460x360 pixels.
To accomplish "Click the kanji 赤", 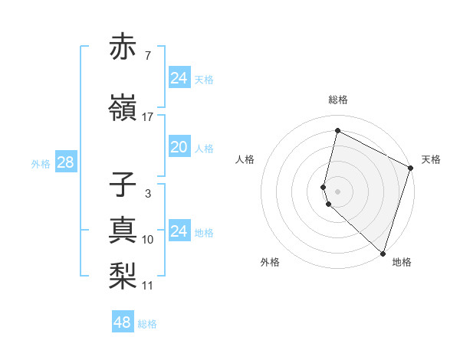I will pyautogui.click(x=123, y=47).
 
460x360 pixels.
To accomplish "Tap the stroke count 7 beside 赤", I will pyautogui.click(x=147, y=56).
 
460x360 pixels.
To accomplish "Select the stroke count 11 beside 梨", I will pyautogui.click(x=147, y=286).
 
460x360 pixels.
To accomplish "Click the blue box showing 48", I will pyautogui.click(x=123, y=322).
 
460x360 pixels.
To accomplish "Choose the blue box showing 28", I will pyautogui.click(x=65, y=162).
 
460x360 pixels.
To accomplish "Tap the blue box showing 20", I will pyautogui.click(x=179, y=148).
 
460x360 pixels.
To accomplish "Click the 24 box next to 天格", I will pyautogui.click(x=179, y=77).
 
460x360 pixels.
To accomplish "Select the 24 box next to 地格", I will pyautogui.click(x=179, y=231).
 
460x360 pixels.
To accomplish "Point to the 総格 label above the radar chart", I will pyautogui.click(x=338, y=100).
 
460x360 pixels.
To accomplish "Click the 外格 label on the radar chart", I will pyautogui.click(x=270, y=262).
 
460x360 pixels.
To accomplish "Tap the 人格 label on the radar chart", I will pyautogui.click(x=245, y=159).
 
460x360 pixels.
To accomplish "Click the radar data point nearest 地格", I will pyautogui.click(x=383, y=253).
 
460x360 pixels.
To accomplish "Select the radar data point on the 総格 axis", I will pyautogui.click(x=337, y=131).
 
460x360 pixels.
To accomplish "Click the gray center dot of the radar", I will pyautogui.click(x=337, y=190).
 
